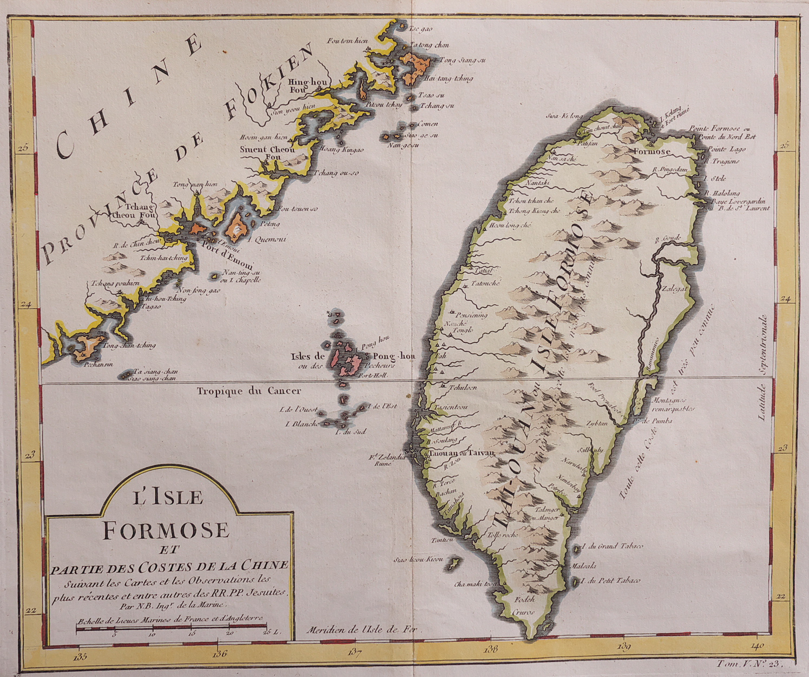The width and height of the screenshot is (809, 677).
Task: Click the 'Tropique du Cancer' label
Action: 248,391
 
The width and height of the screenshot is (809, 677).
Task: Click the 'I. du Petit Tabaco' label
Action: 609,580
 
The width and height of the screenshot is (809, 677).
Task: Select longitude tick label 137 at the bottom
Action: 354,652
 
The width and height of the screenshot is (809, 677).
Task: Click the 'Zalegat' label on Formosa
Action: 674,289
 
